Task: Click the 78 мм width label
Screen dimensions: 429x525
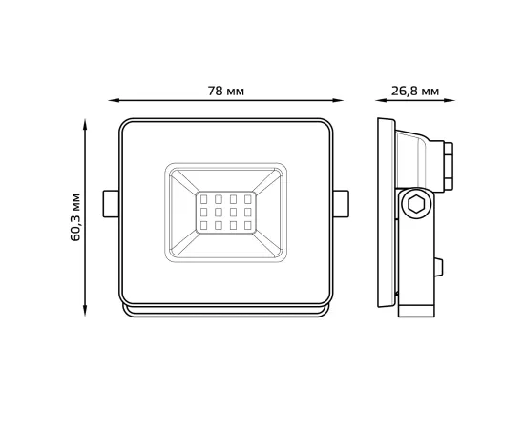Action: click(x=226, y=91)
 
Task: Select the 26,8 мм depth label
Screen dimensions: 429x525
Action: click(x=415, y=91)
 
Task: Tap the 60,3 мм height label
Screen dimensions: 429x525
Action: click(x=76, y=216)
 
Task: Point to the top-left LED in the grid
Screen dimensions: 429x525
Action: click(x=204, y=201)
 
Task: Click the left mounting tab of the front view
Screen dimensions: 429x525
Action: click(x=111, y=202)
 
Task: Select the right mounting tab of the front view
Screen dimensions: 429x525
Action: click(x=341, y=202)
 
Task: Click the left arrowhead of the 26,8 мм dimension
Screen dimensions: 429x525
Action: click(x=379, y=99)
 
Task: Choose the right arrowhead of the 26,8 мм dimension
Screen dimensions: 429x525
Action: click(x=450, y=99)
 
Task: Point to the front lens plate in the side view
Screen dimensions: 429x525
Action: click(x=385, y=217)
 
